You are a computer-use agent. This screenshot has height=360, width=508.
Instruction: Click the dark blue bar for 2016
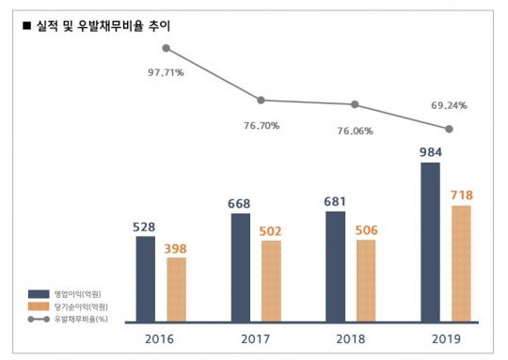(145, 279)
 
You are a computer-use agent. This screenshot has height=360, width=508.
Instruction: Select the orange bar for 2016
(176, 290)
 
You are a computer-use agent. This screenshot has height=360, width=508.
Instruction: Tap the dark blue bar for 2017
(240, 268)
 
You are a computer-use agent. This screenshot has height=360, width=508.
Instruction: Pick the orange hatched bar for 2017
(271, 281)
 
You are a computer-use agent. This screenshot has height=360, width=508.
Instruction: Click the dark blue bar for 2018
(335, 267)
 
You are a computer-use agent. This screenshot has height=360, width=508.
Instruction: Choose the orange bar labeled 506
(366, 281)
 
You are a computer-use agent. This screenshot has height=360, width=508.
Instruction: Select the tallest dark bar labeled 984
(430, 243)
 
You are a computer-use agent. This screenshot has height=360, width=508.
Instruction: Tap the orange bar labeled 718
(461, 264)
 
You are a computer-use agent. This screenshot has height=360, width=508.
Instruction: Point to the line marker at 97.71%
(166, 48)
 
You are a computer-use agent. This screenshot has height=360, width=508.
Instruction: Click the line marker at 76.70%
(261, 100)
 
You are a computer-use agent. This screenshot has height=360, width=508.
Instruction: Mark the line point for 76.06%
(356, 104)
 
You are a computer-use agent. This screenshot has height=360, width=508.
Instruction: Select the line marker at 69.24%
(450, 129)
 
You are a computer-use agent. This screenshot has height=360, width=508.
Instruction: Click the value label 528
(146, 226)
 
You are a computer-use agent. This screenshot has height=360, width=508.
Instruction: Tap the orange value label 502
(271, 230)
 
